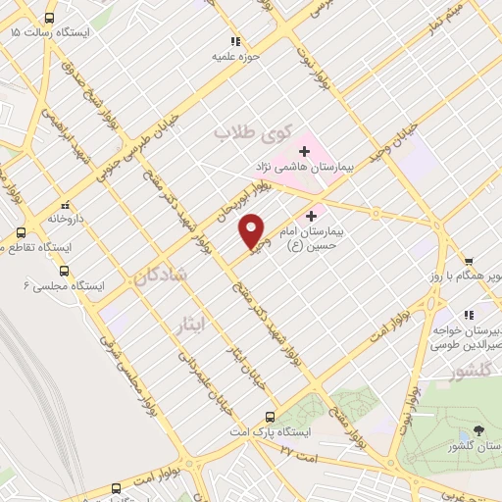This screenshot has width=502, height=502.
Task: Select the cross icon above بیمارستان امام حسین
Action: tap(313, 216)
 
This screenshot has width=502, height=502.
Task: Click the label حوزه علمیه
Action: tap(235, 56)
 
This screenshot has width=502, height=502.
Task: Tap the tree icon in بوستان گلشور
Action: tap(477, 430)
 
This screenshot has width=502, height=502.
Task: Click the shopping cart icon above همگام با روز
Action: tap(469, 261)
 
